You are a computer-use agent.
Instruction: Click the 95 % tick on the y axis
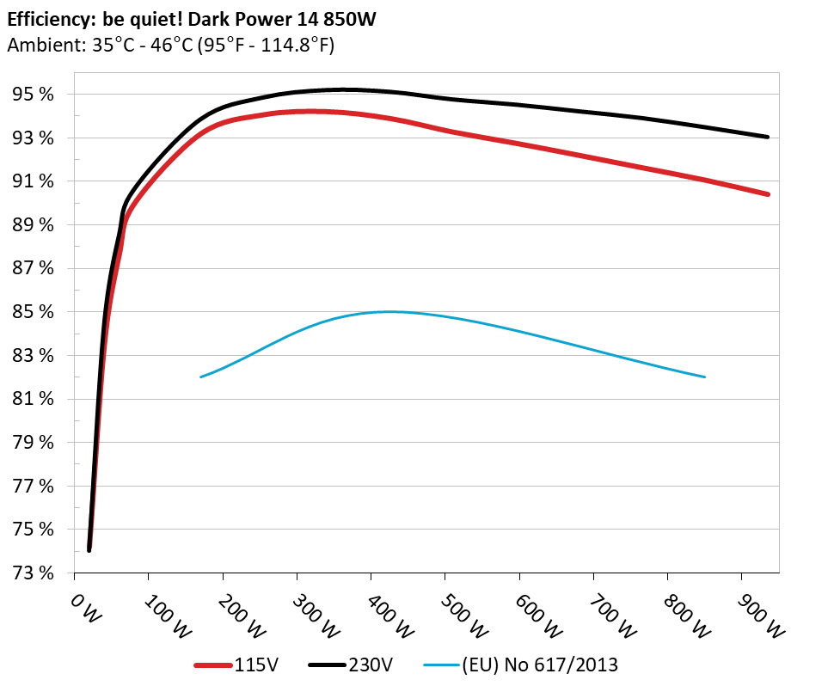click(x=33, y=95)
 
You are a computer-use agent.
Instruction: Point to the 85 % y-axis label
click(x=33, y=312)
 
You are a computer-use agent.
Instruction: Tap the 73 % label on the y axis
click(x=33, y=573)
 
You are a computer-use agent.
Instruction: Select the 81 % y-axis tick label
click(x=33, y=399)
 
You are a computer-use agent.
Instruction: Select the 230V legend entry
click(x=371, y=665)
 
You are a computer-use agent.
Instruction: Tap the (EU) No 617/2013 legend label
click(x=540, y=665)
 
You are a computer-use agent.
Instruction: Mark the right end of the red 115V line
click(x=767, y=194)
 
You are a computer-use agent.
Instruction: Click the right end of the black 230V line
click(x=767, y=137)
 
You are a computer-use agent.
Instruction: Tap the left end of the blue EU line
click(x=200, y=377)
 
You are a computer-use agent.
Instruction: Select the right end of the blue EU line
click(x=705, y=377)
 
